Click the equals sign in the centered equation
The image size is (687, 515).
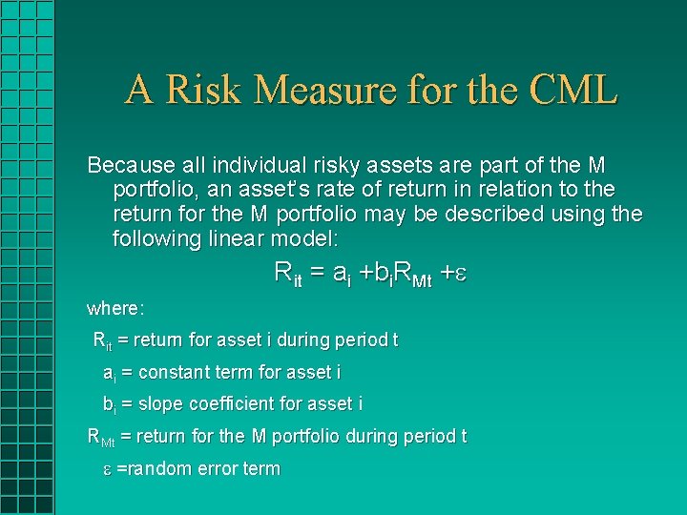(x=317, y=273)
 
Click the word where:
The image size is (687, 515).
(x=115, y=308)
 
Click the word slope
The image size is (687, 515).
(x=158, y=403)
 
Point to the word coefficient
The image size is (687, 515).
(x=230, y=403)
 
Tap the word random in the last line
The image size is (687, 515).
(x=156, y=468)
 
